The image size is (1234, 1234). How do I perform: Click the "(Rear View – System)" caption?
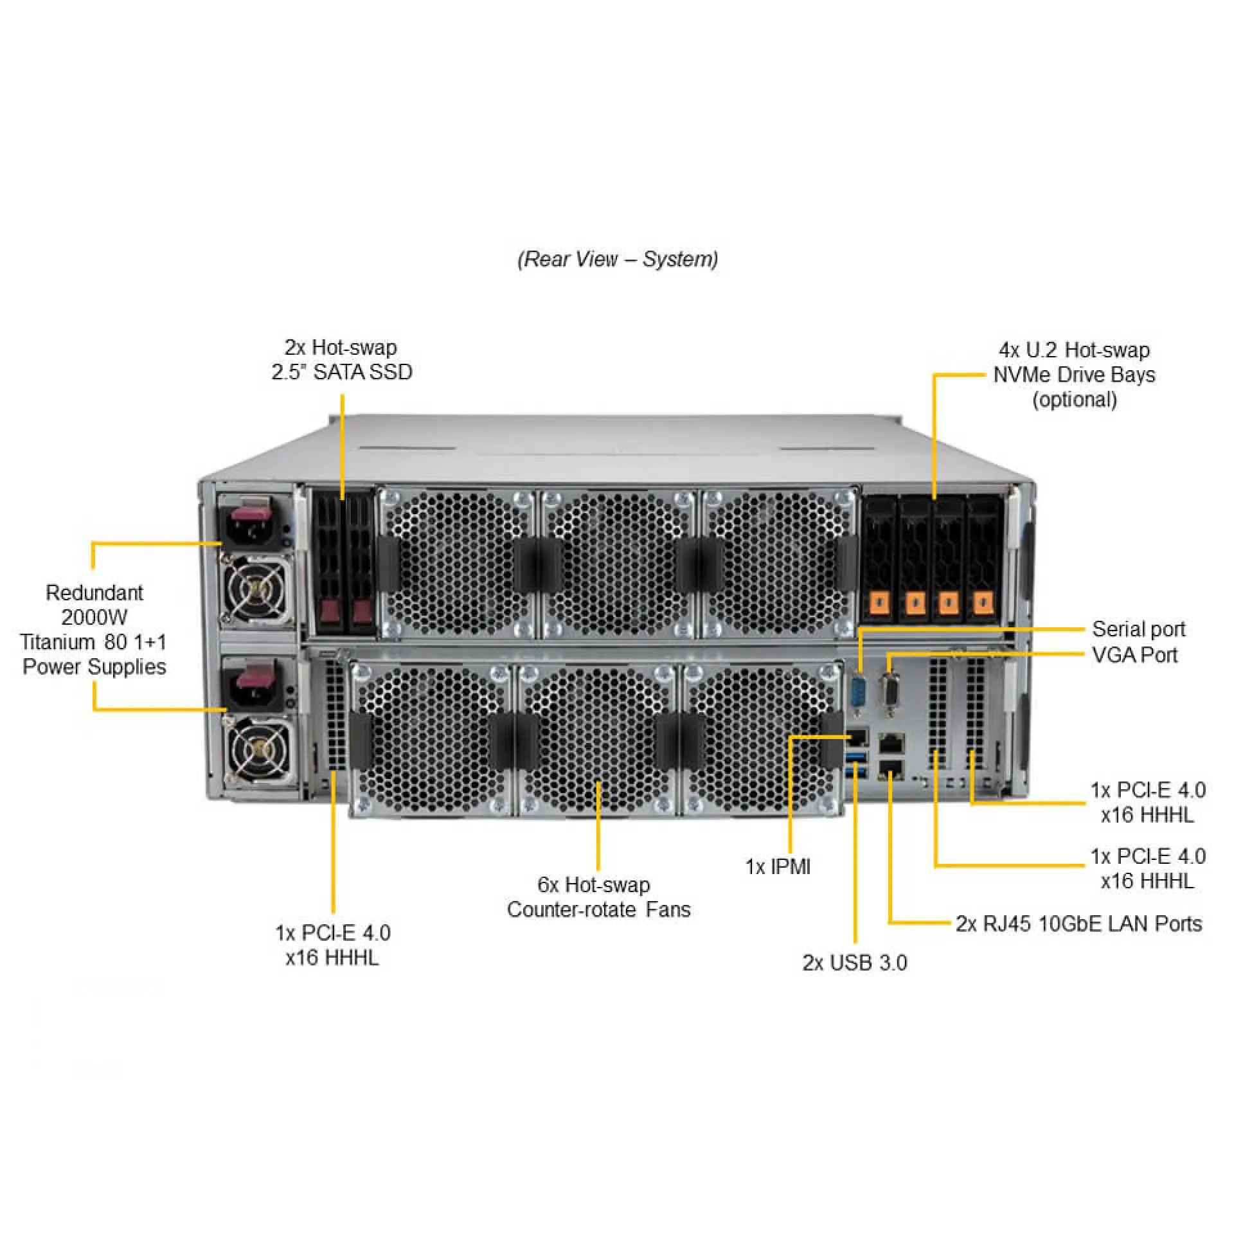618,259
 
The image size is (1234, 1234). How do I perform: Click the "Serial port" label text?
1138,629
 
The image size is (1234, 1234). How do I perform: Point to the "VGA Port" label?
1134,656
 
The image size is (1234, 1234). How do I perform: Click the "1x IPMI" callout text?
778,866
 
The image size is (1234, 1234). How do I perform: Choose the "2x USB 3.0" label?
854,962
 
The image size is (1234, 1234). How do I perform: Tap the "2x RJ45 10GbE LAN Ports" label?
1078,924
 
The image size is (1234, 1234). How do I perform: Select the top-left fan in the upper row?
458,564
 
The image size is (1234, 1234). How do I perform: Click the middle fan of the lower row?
598,739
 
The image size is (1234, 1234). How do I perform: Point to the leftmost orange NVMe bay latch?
880,603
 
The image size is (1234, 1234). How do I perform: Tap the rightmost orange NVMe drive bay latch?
981,603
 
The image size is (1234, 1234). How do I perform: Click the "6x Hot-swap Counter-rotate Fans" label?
598,897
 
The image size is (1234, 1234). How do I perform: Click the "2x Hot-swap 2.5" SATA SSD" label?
341,359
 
